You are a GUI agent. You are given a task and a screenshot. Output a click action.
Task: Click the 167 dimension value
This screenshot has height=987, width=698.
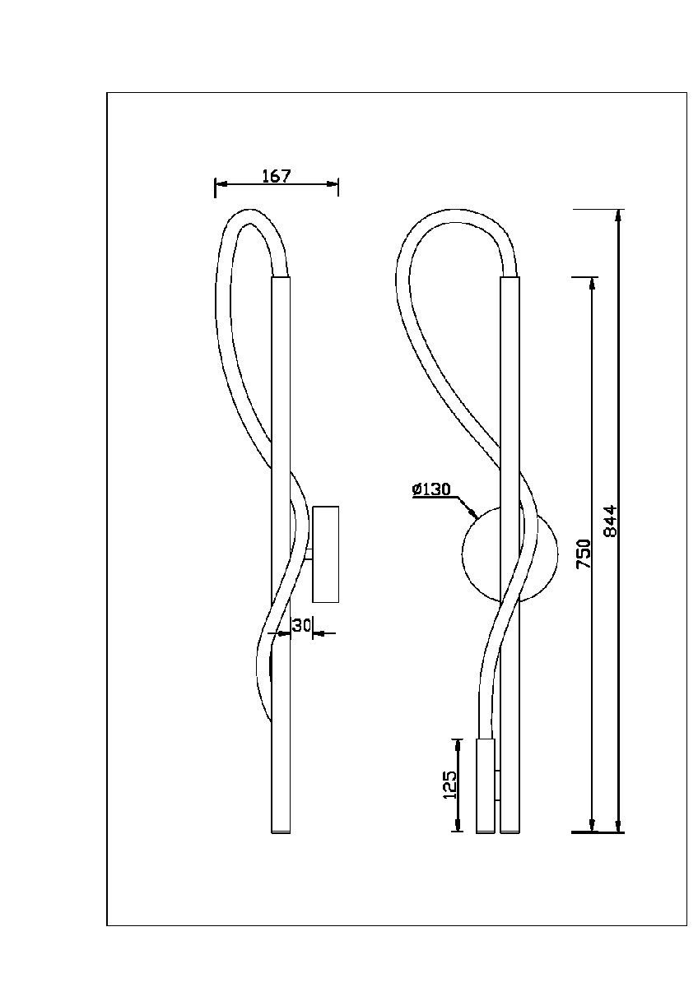277,176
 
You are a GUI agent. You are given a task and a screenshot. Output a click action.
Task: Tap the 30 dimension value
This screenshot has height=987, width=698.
301,625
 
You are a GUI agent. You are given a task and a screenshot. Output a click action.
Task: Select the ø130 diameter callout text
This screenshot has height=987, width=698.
431,489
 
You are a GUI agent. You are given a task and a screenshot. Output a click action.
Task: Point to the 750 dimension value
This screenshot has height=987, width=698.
584,554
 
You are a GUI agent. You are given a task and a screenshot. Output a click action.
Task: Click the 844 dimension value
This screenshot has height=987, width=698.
610,521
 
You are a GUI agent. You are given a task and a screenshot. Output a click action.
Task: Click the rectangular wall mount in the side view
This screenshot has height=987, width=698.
325,554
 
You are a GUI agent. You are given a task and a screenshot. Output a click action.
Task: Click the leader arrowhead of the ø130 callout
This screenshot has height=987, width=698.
473,513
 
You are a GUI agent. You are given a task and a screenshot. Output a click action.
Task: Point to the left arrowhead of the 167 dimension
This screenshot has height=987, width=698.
221,183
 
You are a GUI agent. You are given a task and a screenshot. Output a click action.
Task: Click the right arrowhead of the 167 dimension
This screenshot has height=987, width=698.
333,183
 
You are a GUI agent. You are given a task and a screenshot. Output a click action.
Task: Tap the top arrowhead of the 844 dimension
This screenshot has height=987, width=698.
618,215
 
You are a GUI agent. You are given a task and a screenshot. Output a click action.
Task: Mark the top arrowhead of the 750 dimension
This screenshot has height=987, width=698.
592,283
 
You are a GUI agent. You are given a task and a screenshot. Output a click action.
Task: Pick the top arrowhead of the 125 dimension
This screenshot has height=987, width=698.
458,744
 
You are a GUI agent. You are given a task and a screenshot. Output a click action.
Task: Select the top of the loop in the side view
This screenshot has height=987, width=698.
250,210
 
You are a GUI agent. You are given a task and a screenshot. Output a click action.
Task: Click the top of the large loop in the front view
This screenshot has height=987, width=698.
456,210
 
